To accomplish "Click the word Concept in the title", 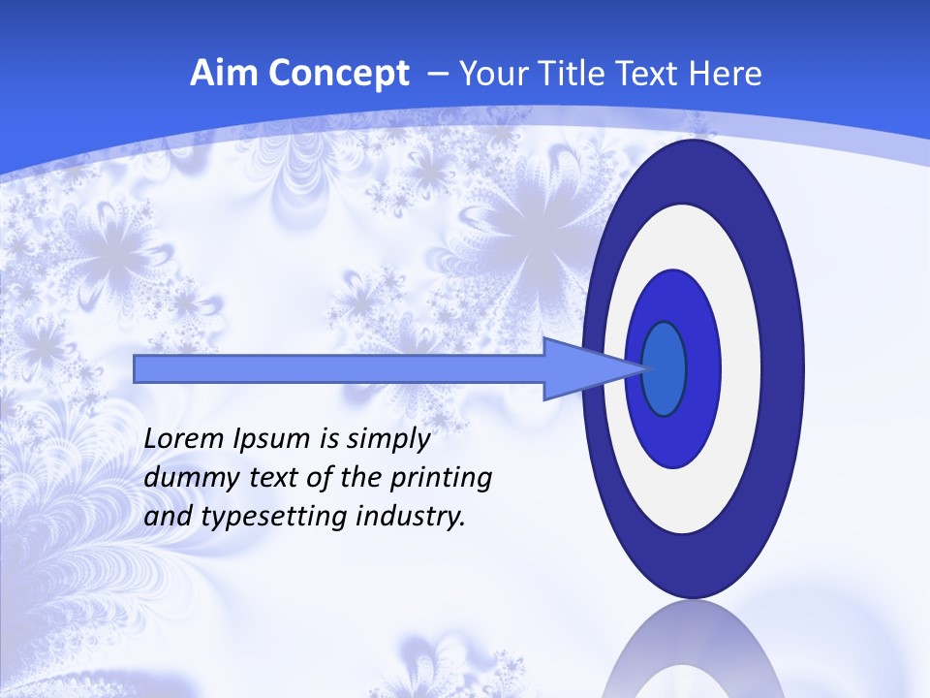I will point(339,74).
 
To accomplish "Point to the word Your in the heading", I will point(489,74).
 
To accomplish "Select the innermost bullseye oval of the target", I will point(665,368).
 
